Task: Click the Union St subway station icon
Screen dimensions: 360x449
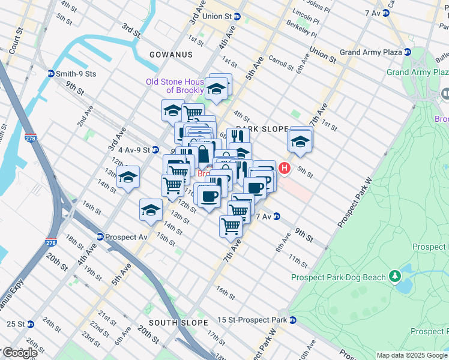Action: tap(237, 17)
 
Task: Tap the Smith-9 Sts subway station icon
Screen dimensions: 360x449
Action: tap(52, 74)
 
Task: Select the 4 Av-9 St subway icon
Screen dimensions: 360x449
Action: tap(155, 149)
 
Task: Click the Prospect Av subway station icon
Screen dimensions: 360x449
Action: tap(100, 237)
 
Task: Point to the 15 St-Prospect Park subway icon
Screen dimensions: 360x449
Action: tap(292, 320)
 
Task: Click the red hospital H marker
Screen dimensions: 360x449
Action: tap(285, 169)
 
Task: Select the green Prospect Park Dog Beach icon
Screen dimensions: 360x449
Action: tap(394, 277)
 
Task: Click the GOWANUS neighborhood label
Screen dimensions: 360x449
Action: tap(172, 55)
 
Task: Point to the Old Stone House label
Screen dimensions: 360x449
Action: tap(175, 86)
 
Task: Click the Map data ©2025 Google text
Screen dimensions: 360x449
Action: tap(412, 355)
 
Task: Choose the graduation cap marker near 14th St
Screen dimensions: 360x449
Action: tap(151, 210)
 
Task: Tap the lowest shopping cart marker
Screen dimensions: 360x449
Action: tap(231, 226)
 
